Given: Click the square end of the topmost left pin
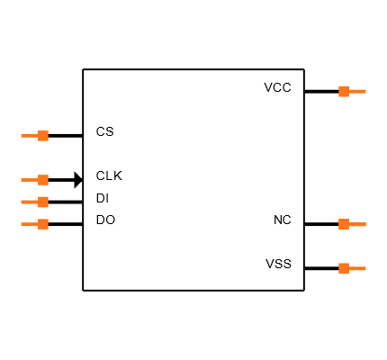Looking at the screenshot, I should [43, 136].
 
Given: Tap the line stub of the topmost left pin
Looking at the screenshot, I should [30, 136].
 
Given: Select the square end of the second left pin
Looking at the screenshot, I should [43, 180].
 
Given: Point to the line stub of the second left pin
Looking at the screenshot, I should [30, 180].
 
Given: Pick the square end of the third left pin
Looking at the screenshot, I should [43, 202].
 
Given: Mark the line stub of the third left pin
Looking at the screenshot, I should [30, 202].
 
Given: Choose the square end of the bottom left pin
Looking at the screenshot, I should [43, 224].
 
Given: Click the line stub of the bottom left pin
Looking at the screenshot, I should [30, 224].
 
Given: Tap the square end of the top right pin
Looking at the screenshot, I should [344, 91].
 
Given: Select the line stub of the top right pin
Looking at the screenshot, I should [357, 91].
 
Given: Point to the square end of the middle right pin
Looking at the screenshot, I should [344, 224].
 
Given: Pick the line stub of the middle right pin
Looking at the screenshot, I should [357, 224].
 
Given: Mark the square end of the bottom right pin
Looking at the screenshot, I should [344, 268].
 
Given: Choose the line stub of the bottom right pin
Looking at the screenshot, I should [357, 268].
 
